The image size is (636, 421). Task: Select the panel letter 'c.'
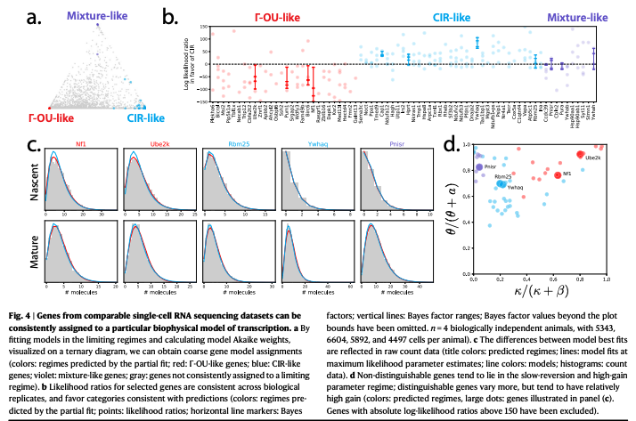point(35,147)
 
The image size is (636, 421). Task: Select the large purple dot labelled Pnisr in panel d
point(479,166)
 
